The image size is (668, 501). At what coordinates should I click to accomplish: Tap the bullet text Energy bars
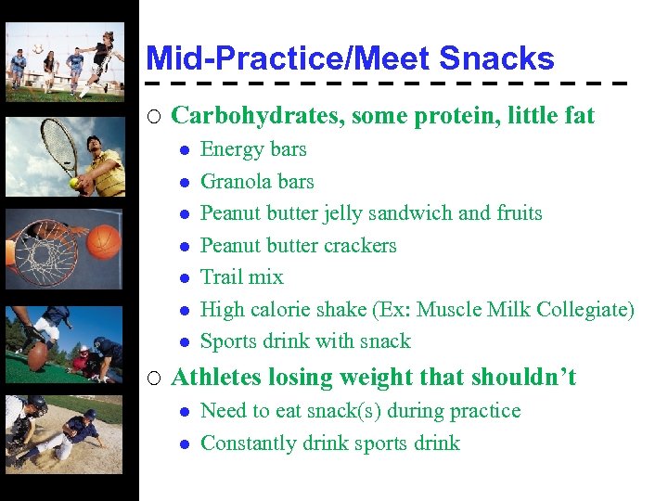(253, 149)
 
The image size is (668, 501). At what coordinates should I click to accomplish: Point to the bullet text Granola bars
(257, 182)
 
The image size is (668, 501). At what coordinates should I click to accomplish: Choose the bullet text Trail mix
(242, 277)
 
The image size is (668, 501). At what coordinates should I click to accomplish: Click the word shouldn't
(523, 378)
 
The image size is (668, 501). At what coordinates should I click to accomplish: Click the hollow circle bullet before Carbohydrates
(155, 117)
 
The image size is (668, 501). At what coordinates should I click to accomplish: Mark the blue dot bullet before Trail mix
(186, 278)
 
